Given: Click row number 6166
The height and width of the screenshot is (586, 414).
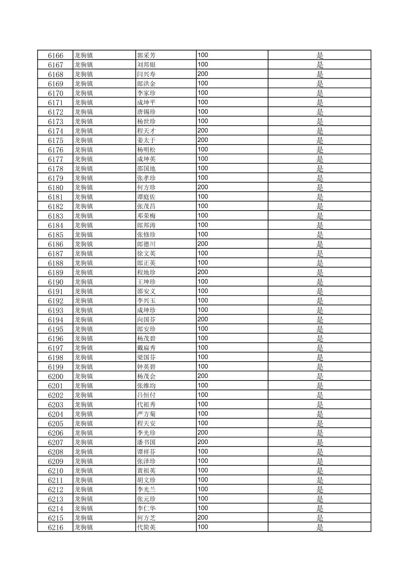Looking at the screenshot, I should tap(56, 56).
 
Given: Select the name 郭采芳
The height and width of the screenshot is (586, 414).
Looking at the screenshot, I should tap(146, 56).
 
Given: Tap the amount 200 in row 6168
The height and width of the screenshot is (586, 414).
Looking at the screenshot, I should tap(203, 74).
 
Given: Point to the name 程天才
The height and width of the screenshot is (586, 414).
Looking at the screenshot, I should tap(146, 131).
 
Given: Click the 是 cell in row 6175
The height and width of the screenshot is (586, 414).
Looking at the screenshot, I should tap(320, 140).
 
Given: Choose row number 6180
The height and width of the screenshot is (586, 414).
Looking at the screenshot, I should tap(56, 188).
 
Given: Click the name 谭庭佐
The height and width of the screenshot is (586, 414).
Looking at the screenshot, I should tap(146, 197).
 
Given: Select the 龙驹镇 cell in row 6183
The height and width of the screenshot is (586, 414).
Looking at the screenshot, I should tap(84, 216).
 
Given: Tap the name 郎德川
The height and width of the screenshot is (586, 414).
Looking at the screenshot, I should tap(146, 244).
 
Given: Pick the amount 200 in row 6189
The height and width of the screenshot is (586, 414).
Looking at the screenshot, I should tap(203, 272).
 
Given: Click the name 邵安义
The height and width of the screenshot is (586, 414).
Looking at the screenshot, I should tap(146, 291).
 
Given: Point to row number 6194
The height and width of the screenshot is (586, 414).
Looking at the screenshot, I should tap(56, 320).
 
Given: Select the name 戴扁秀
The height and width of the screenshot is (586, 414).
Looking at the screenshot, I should tap(146, 348).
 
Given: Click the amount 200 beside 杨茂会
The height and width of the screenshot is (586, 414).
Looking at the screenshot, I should tap(203, 376).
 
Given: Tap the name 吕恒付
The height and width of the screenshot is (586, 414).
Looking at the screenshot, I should tap(146, 395).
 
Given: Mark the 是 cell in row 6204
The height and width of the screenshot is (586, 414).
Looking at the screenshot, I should tap(320, 414).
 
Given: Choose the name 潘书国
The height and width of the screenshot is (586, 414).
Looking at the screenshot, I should tap(146, 443).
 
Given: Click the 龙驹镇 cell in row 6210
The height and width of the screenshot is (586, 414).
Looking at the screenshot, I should tap(84, 471).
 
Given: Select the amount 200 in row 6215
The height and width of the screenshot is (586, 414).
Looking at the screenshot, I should tap(203, 518).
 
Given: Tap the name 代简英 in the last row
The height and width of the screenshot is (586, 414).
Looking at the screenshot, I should tap(146, 527).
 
